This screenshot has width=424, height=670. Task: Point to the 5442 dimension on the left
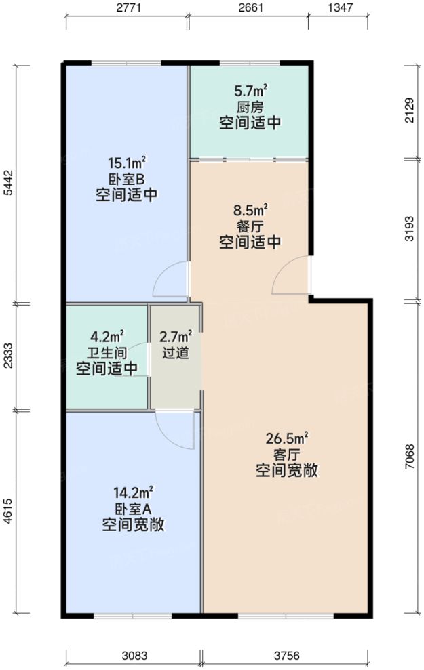[x=7, y=183]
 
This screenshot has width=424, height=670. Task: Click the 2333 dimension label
[x=7, y=356]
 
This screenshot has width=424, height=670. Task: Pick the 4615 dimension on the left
[x=7, y=514]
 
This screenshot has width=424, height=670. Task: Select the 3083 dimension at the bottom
[x=133, y=656]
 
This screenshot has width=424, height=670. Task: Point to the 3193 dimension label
[x=408, y=230]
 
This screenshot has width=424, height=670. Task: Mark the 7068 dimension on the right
[x=408, y=458]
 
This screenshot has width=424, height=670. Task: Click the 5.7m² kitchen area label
[x=250, y=91]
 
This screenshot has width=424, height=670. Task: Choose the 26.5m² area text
[x=287, y=438]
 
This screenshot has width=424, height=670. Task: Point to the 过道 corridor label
[x=176, y=352]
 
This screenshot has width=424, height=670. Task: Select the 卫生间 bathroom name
[x=107, y=352]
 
